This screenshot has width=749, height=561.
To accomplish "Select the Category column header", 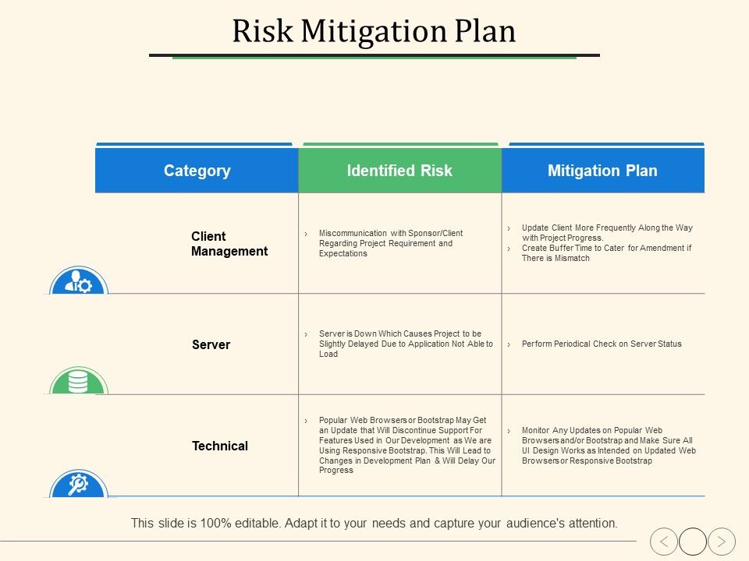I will click(197, 171).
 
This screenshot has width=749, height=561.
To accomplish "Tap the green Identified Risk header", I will click(399, 171).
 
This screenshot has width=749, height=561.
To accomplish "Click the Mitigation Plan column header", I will click(602, 171).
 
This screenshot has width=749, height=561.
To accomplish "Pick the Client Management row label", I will click(229, 244).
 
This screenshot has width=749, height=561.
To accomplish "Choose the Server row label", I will click(211, 344).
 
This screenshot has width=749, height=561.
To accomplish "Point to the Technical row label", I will click(220, 446).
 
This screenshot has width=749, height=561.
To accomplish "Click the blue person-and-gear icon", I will click(79, 282).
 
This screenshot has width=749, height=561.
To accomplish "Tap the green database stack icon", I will click(78, 382).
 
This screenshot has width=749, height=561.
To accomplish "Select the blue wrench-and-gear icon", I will click(78, 485).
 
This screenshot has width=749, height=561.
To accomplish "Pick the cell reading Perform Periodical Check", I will click(601, 344).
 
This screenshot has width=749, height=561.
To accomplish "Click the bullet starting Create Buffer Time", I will click(606, 253).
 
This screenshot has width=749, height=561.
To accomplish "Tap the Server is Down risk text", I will click(405, 344).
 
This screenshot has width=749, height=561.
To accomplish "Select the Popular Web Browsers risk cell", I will click(406, 445).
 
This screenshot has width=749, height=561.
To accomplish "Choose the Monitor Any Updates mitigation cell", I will click(608, 446).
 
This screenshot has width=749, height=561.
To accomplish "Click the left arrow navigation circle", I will click(664, 541).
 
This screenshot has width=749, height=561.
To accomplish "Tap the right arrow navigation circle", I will click(722, 541).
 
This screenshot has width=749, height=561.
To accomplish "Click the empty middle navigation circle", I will click(693, 541).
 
